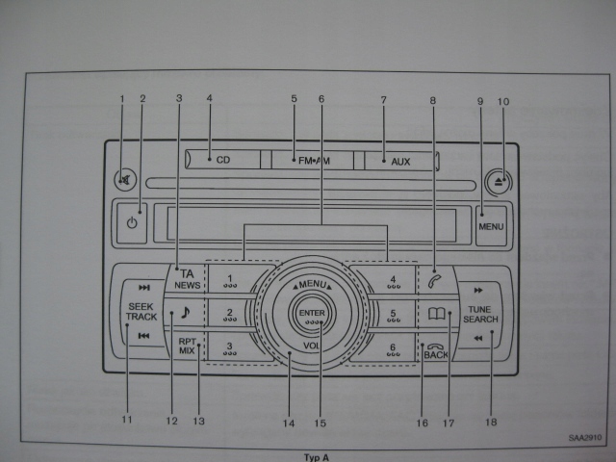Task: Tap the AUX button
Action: tap(400, 162)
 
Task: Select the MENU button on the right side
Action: tap(491, 227)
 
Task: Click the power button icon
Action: tap(132, 222)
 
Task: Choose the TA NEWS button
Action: tap(187, 279)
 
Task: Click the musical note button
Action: tap(185, 313)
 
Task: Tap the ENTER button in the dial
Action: tap(312, 314)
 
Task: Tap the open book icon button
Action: tap(436, 313)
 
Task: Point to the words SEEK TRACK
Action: tap(141, 311)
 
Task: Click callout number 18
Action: tap(491, 421)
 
